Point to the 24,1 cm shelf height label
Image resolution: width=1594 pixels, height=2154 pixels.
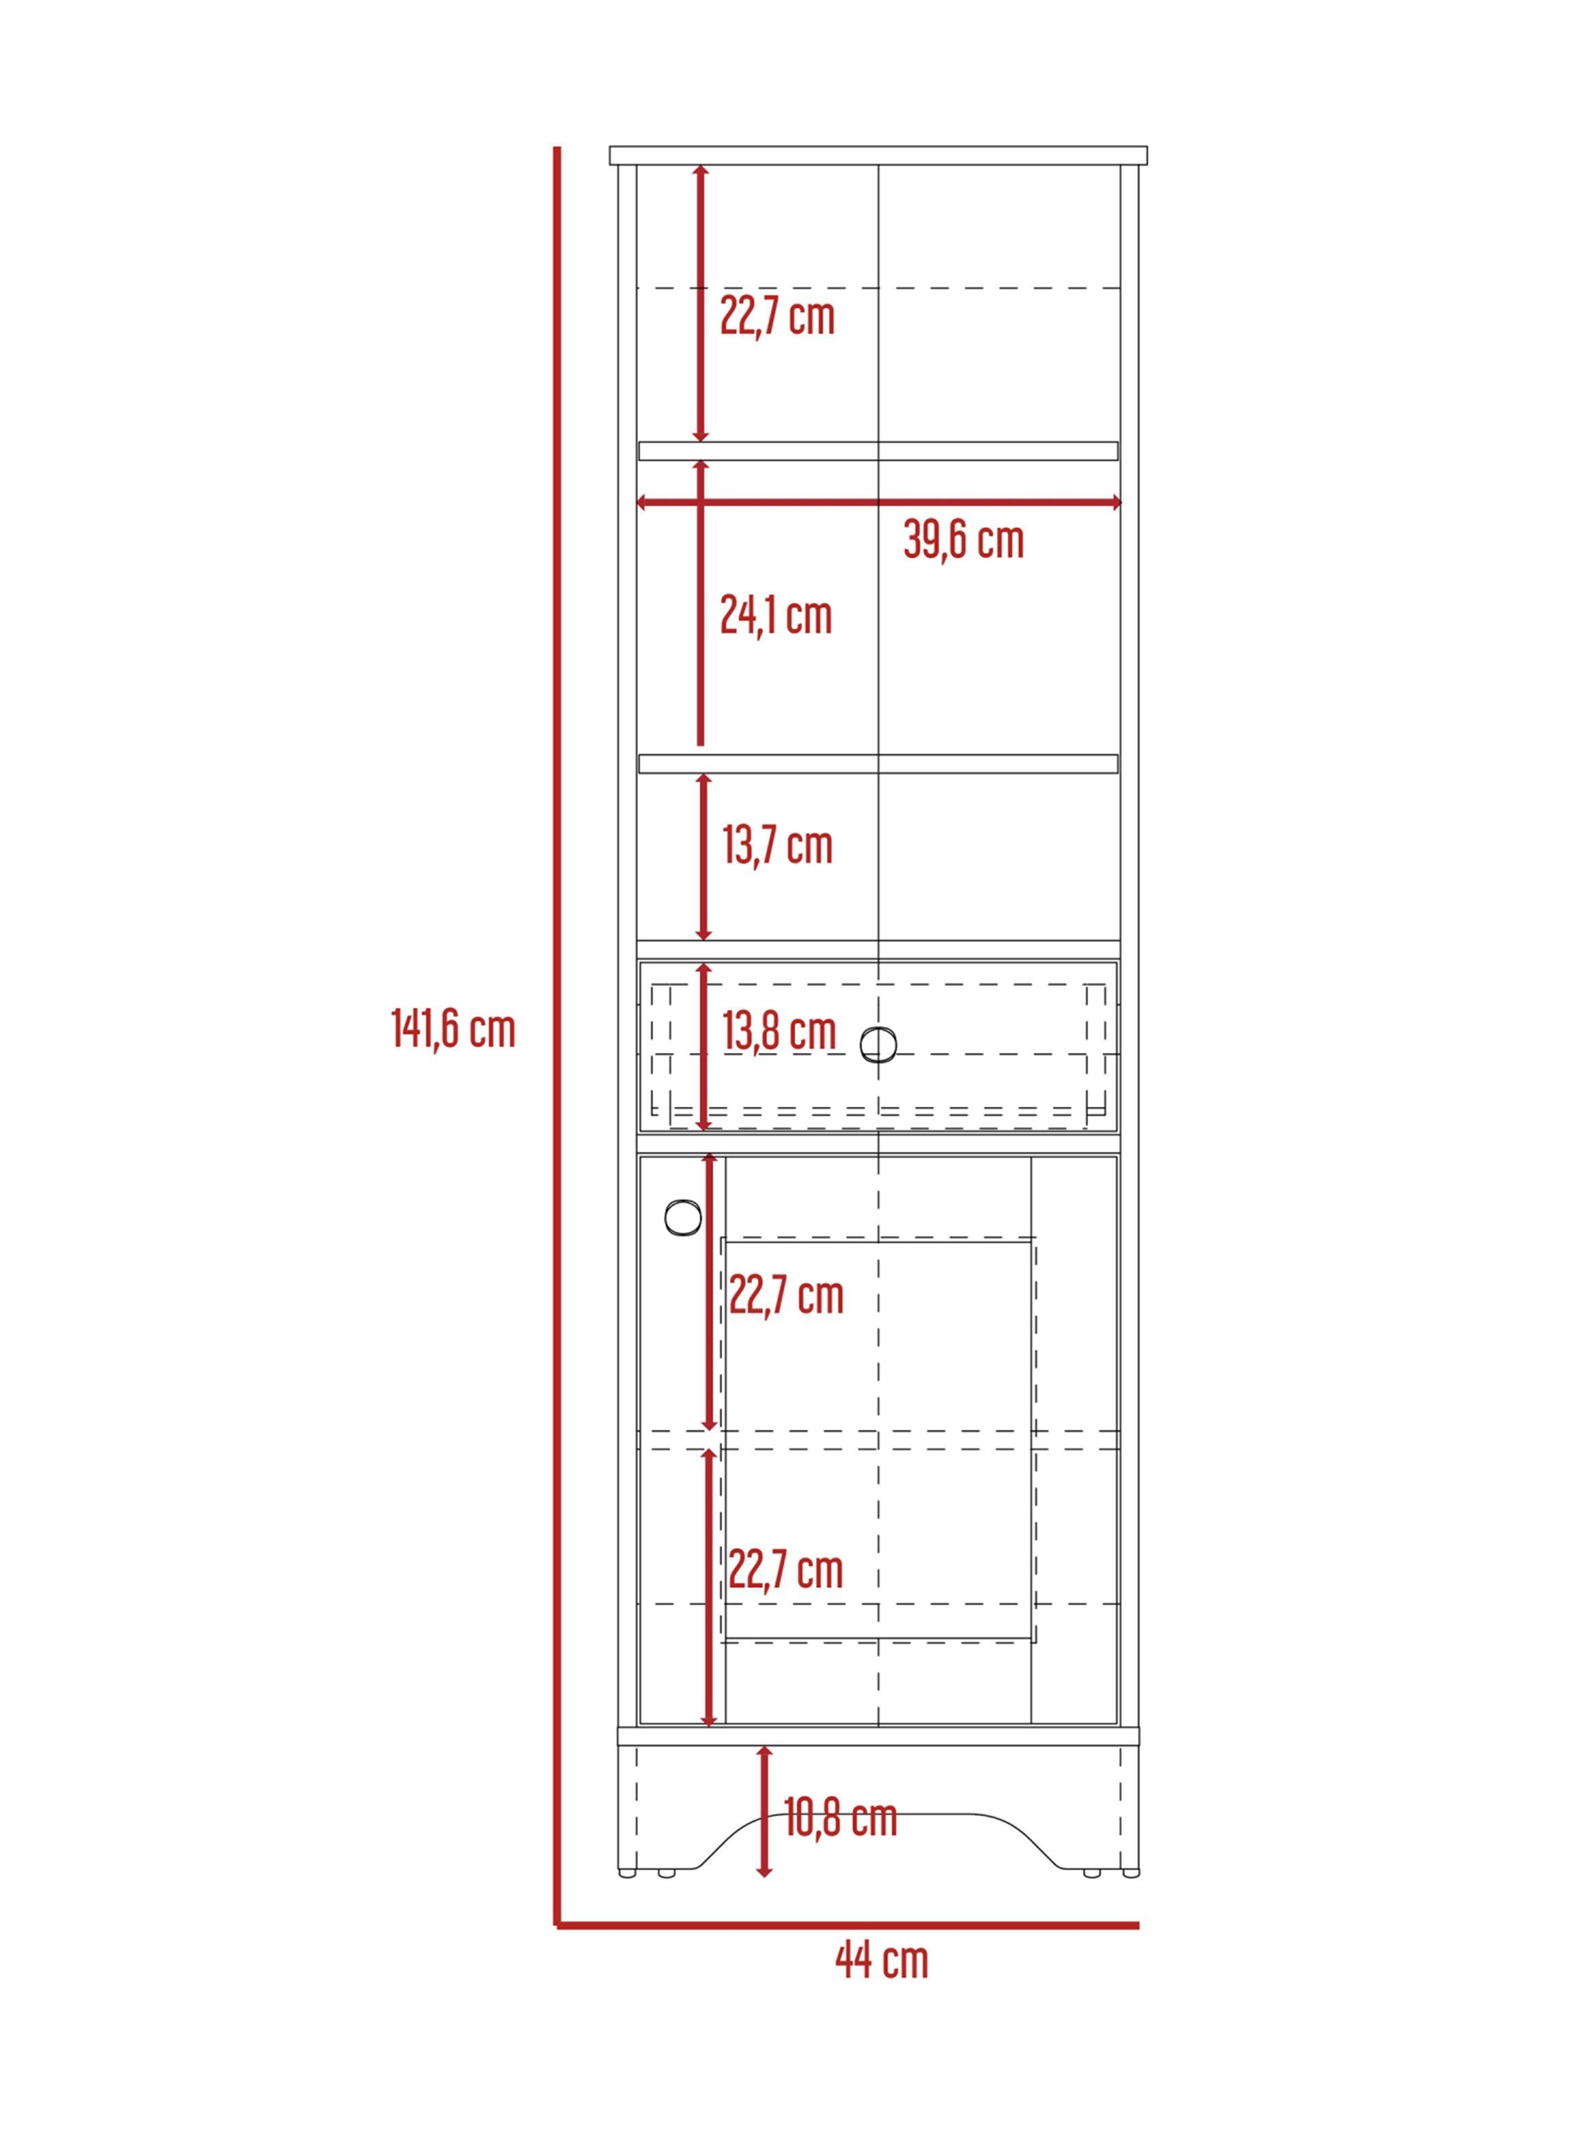(775, 615)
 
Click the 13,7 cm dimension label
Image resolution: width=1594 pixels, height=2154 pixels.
(778, 845)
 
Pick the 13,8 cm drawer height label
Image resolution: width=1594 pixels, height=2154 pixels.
(780, 1031)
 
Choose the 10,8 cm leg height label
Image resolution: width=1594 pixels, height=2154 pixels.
(840, 1818)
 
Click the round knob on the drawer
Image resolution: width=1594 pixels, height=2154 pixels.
(877, 1045)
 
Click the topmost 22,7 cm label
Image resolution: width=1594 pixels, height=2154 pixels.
(778, 317)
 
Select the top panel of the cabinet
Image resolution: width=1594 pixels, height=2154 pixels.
(878, 155)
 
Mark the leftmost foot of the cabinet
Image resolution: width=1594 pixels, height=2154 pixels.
(627, 1874)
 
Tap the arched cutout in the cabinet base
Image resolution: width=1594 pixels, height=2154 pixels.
(878, 1814)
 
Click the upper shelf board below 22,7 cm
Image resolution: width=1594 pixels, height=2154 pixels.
(878, 451)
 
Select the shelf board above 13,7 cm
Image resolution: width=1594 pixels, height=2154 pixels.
(878, 764)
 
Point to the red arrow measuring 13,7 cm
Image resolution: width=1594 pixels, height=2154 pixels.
(704, 857)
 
